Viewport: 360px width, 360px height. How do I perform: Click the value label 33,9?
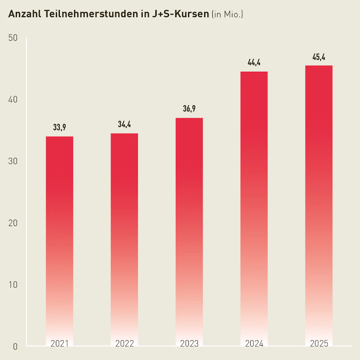click(x=59, y=128)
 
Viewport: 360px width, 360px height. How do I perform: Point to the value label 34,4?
click(x=124, y=124)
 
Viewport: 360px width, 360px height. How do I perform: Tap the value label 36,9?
click(x=189, y=109)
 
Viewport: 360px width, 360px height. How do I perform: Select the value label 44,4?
click(x=254, y=63)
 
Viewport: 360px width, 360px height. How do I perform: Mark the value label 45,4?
click(x=319, y=57)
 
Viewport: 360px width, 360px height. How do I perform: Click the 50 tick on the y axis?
click(x=13, y=38)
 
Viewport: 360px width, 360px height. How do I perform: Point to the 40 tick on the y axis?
click(x=13, y=100)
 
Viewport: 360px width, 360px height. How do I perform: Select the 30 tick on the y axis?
click(x=13, y=161)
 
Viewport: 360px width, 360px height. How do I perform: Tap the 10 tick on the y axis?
click(x=13, y=284)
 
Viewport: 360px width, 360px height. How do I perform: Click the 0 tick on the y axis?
click(x=15, y=346)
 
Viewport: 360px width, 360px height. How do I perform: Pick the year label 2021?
click(x=59, y=343)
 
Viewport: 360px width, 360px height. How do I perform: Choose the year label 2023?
click(x=189, y=343)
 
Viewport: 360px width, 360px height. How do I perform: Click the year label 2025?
click(x=319, y=343)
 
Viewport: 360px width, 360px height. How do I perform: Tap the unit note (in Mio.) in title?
click(x=227, y=15)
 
